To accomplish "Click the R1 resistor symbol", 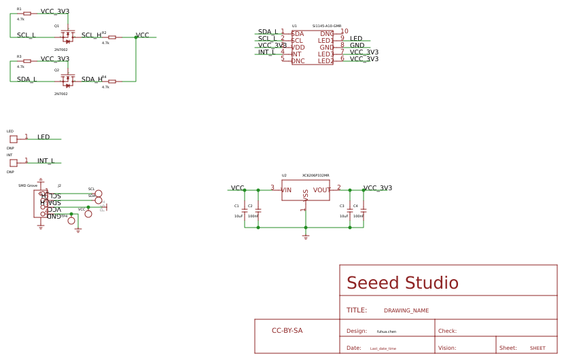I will tap(27, 14).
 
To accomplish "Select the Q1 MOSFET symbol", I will tap(67, 37).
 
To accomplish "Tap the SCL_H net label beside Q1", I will tap(91, 35).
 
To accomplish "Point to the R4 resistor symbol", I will tap(112, 82).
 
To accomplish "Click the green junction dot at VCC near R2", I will tap(136, 37).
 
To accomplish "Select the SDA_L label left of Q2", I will tap(27, 79).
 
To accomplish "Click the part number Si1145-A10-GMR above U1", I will tap(327, 26).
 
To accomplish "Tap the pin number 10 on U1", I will tap(345, 32).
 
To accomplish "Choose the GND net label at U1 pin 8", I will tap(357, 46).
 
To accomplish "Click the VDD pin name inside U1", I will tap(298, 48).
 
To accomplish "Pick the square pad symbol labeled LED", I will tap(14, 139).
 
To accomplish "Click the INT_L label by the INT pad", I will tap(46, 161).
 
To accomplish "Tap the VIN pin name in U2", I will tap(286, 190).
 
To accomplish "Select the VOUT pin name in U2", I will tap(322, 190).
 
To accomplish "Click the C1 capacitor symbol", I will tap(245, 210).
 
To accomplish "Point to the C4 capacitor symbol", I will tap(364, 211).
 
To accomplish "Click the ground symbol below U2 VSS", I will tap(306, 237).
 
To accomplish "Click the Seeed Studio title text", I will tap(402, 283).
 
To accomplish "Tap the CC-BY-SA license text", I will tap(287, 331).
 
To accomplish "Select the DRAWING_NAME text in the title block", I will tap(406, 310).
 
